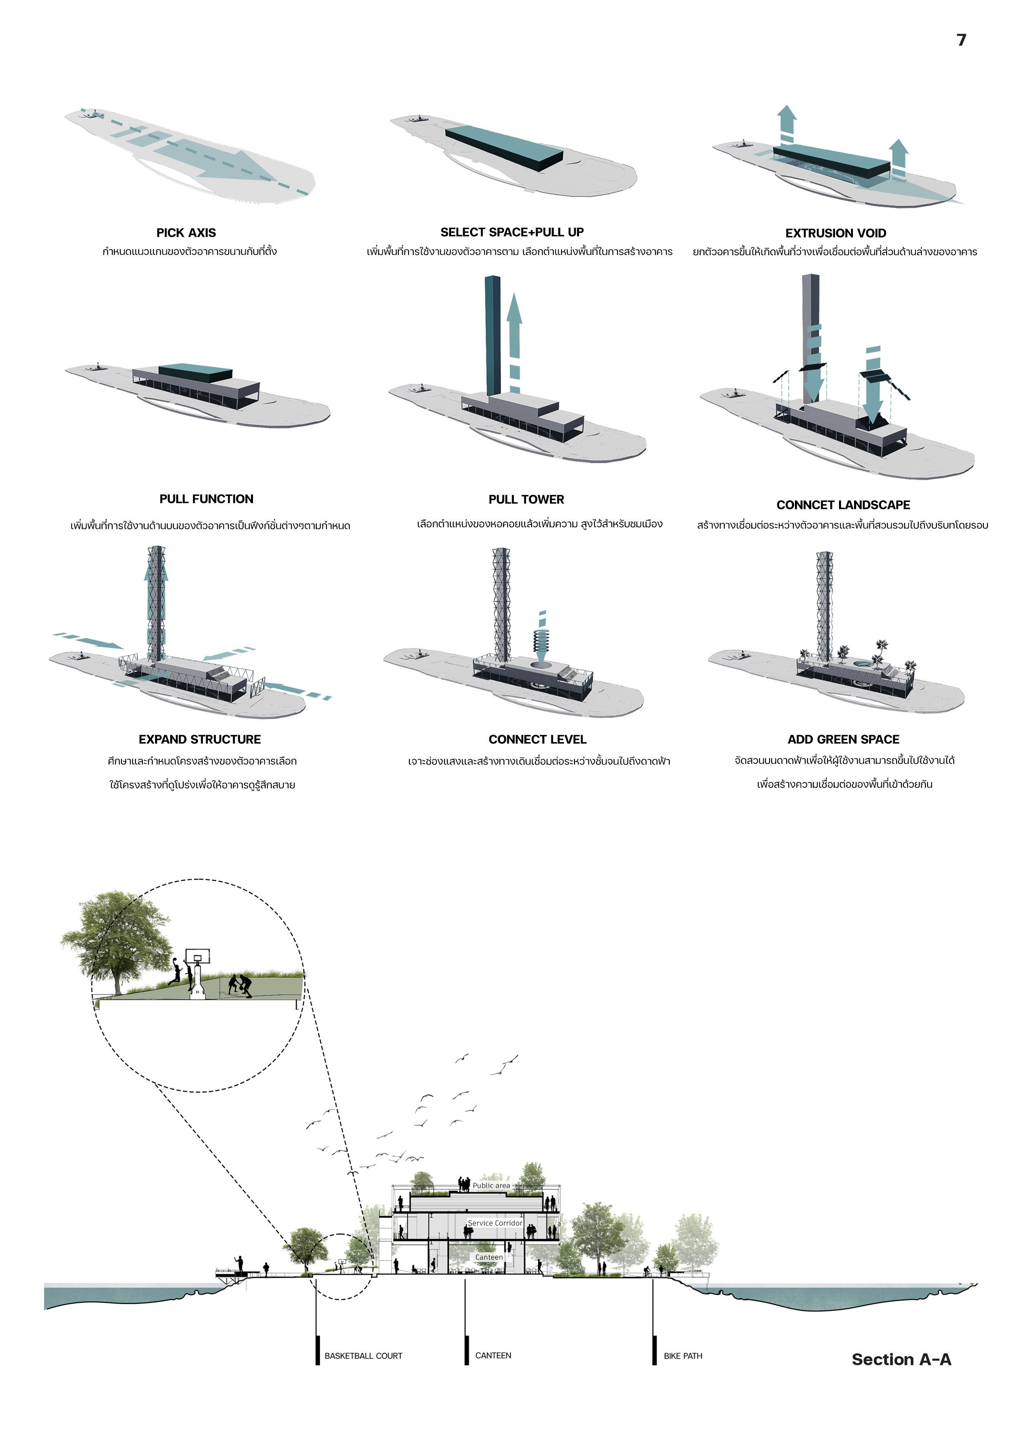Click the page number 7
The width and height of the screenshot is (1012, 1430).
961,40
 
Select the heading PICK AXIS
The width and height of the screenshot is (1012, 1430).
186,233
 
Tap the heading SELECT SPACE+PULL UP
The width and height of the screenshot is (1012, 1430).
512,232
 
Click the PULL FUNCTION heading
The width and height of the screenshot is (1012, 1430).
206,499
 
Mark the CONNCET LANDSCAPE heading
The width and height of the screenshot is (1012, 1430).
843,505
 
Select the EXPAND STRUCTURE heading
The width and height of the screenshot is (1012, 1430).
200,739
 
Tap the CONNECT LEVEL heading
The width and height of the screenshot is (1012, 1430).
537,739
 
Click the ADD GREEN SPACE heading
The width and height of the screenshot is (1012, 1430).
843,739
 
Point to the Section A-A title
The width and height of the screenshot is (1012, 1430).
901,1359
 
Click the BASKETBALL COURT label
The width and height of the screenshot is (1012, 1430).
363,1356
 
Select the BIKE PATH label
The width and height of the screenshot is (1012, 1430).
683,1356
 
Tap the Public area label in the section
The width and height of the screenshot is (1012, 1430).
491,1185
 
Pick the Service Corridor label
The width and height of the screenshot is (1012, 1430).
495,1222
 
